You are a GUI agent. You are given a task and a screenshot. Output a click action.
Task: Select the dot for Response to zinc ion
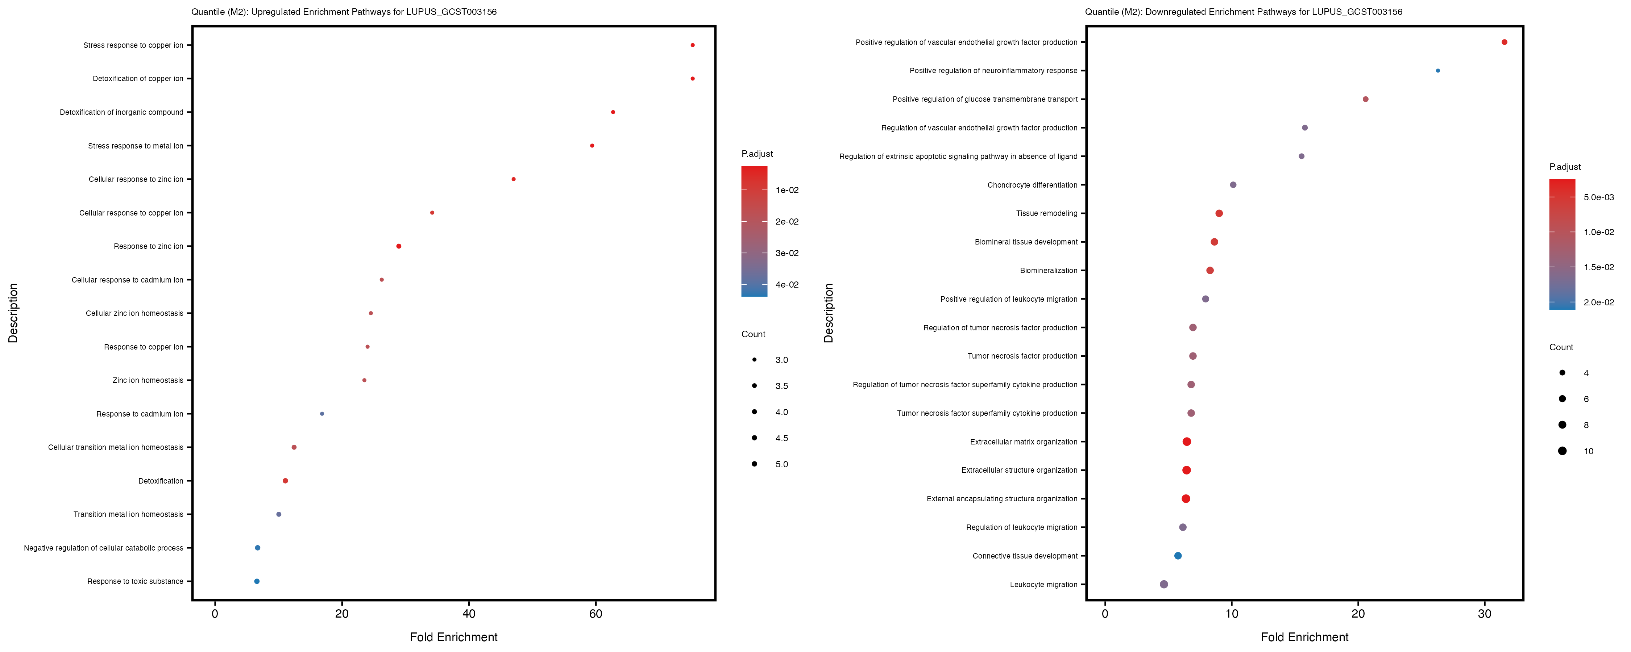[398, 246]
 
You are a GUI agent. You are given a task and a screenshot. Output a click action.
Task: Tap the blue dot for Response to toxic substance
[256, 581]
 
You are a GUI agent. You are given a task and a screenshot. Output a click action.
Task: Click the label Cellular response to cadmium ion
[127, 280]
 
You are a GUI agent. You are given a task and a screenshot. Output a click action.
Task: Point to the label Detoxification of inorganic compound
[121, 112]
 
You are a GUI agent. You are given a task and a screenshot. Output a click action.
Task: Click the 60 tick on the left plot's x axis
[595, 613]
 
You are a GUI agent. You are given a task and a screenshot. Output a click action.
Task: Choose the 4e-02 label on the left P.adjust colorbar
[787, 285]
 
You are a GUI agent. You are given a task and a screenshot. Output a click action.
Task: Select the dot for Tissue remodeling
[1219, 213]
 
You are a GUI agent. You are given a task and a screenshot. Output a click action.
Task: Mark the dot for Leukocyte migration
[1164, 584]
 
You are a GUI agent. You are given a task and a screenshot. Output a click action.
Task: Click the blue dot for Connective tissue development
[1178, 556]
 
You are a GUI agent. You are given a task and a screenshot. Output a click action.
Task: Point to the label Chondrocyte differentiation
[1032, 185]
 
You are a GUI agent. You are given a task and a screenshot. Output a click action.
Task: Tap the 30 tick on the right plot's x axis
[1484, 613]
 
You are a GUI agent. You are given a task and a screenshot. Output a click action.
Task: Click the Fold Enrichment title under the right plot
[1304, 637]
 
